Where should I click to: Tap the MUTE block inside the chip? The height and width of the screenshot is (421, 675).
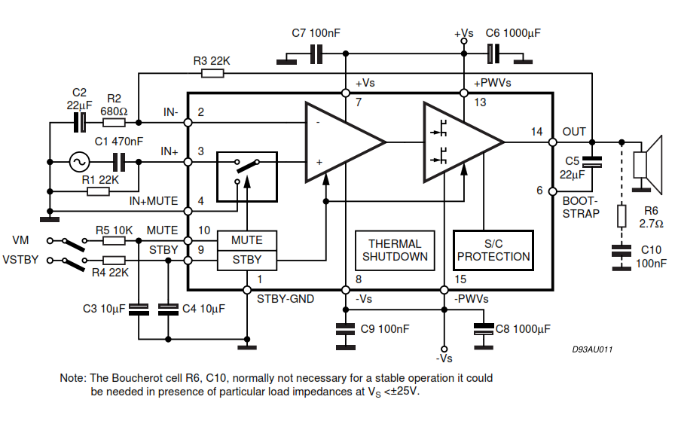click(x=246, y=240)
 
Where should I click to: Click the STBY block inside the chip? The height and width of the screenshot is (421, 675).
click(x=246, y=260)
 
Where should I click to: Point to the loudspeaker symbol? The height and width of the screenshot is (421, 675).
click(x=647, y=164)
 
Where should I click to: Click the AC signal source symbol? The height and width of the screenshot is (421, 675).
click(x=80, y=162)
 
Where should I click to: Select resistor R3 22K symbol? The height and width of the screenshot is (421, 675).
click(x=212, y=74)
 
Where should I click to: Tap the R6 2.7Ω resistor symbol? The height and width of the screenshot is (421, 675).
click(x=622, y=216)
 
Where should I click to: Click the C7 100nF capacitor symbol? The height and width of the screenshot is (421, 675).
click(x=316, y=53)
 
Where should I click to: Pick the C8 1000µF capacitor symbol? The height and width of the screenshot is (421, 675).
click(x=484, y=329)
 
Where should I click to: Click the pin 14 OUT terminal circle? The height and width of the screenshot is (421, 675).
click(x=553, y=142)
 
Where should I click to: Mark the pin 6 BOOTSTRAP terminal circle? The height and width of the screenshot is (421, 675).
click(x=553, y=191)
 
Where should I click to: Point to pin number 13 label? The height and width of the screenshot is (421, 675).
click(x=480, y=102)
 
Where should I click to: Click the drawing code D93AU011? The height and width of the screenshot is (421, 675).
click(x=592, y=349)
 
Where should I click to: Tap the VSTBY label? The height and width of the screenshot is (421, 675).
click(x=20, y=260)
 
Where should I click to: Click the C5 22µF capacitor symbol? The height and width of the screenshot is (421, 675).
click(x=592, y=162)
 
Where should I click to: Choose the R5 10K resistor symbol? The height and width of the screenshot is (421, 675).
click(x=114, y=241)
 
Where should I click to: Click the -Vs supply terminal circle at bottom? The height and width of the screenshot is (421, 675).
click(x=444, y=349)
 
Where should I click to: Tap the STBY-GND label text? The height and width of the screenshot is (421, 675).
click(x=286, y=299)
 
